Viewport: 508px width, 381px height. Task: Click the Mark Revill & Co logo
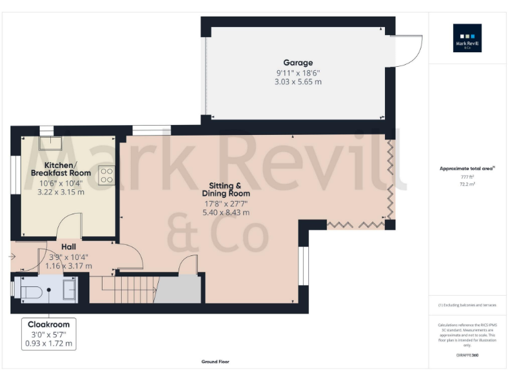(x=467, y=38)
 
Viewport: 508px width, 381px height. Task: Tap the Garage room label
(x=298, y=63)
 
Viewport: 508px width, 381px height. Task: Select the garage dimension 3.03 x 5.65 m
(x=298, y=81)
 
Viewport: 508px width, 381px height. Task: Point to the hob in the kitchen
(x=106, y=175)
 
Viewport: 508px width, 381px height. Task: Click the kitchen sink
(x=48, y=142)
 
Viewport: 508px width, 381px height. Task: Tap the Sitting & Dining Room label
(x=225, y=189)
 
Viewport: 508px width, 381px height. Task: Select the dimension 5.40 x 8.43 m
(x=226, y=212)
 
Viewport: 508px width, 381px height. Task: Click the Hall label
(x=69, y=246)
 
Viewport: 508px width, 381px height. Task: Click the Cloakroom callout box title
(x=49, y=325)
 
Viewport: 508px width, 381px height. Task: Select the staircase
(x=126, y=289)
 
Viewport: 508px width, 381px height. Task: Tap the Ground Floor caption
(x=215, y=362)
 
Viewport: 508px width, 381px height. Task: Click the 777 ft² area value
(x=467, y=177)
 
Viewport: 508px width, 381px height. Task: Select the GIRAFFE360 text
(x=467, y=356)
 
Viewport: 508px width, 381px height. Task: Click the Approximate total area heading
(x=467, y=169)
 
